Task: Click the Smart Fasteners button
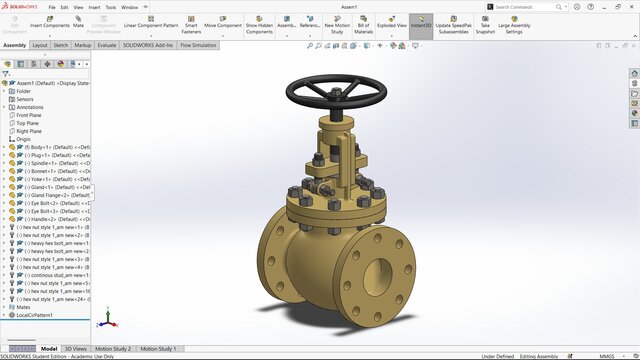190,27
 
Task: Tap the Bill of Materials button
363,27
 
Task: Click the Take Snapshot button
485,27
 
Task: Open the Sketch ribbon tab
61,45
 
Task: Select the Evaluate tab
107,45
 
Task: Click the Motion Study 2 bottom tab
113,349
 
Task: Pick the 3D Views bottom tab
76,349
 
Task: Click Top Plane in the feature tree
29,123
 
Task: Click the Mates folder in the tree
24,307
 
